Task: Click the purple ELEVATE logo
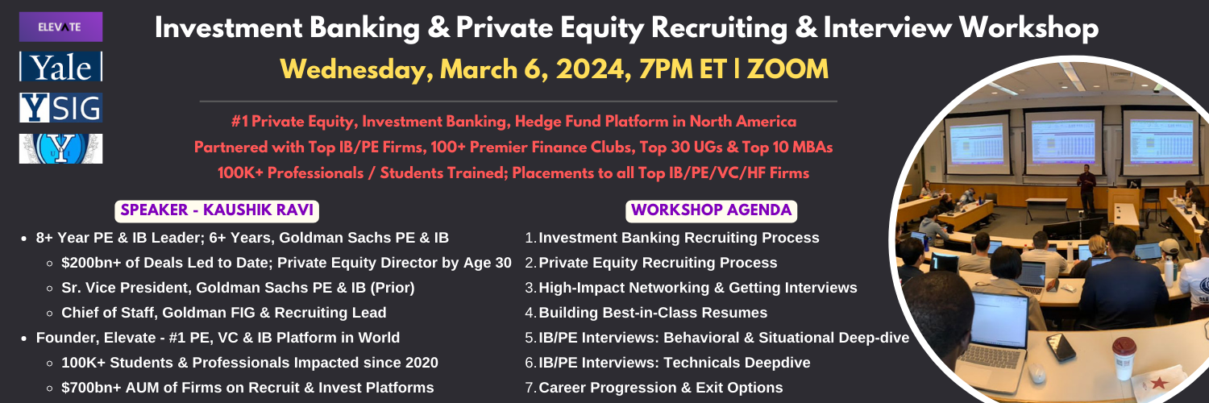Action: [60, 27]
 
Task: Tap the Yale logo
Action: [60, 67]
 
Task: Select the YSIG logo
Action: [60, 107]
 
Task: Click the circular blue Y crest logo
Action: [60, 148]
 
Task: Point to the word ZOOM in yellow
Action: [787, 69]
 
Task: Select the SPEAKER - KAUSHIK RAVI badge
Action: [217, 210]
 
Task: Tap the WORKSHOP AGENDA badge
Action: [712, 210]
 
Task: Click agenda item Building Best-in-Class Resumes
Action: [653, 313]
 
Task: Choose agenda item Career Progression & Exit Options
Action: [661, 388]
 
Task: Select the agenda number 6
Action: [530, 363]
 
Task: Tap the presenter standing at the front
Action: [1086, 189]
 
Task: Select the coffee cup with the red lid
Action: [1124, 358]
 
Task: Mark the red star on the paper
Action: [1158, 383]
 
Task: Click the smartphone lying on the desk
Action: [1061, 347]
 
